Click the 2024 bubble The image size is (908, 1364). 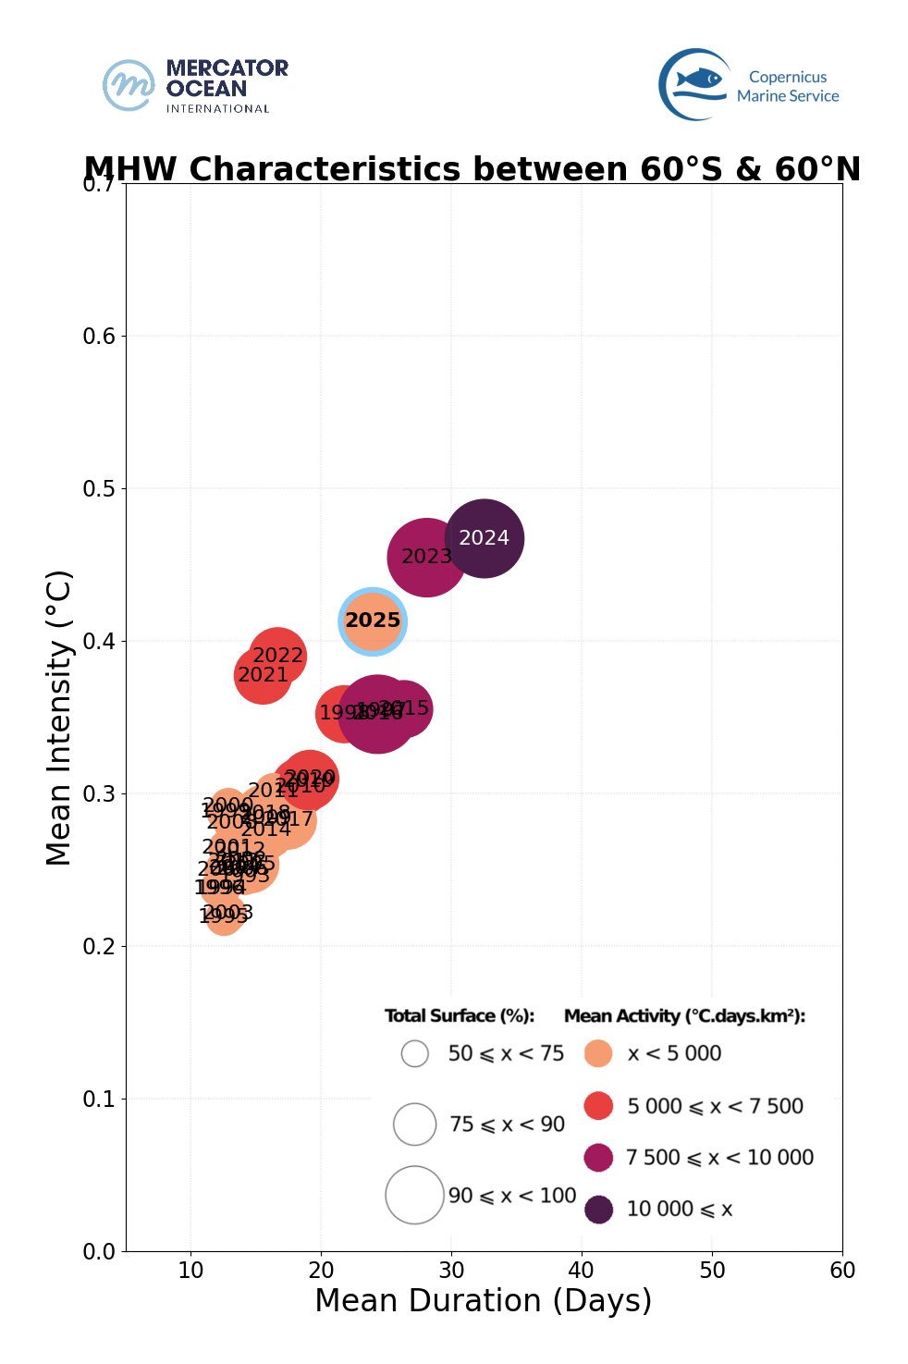(485, 538)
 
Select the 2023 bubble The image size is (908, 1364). (426, 557)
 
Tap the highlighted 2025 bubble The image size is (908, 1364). (373, 621)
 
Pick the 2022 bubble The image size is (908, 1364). (277, 656)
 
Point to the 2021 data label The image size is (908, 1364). (264, 675)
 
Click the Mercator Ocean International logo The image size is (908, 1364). (195, 86)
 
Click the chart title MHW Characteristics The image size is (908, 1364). (472, 170)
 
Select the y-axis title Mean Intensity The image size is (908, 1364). (59, 718)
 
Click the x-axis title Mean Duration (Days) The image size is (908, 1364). (483, 1300)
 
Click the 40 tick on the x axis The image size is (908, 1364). (582, 1271)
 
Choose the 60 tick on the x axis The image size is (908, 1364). (842, 1271)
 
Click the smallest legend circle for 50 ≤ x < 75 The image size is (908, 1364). (415, 1053)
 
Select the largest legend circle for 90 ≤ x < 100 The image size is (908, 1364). (415, 1195)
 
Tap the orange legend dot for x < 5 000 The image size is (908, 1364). (599, 1053)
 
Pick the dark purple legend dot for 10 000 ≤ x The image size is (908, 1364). (599, 1209)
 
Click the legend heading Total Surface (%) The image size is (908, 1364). (460, 1016)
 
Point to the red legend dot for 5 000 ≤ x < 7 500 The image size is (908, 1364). (599, 1105)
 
